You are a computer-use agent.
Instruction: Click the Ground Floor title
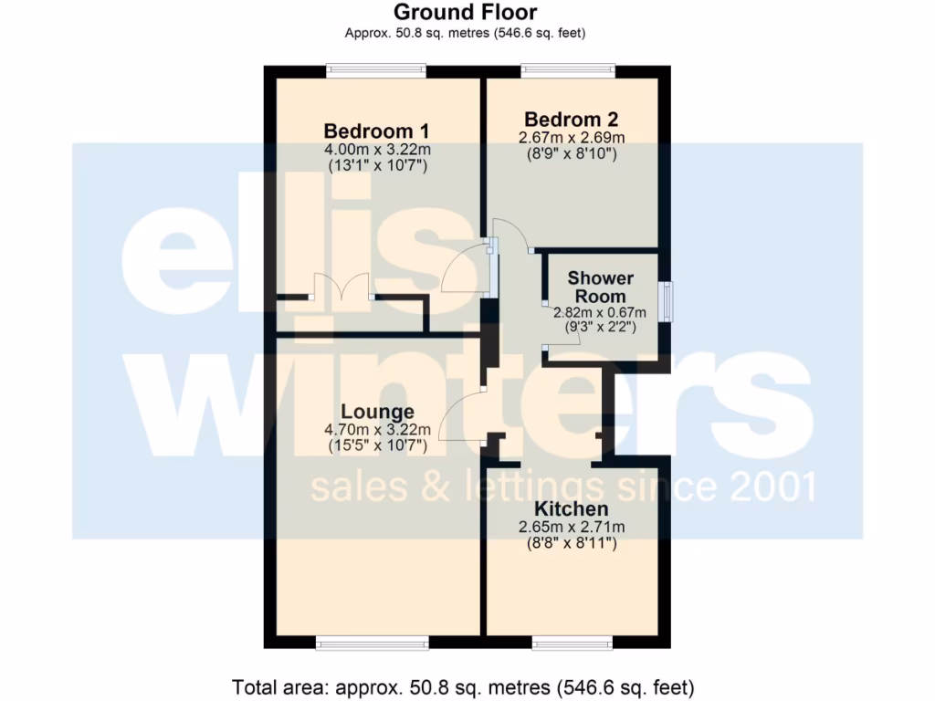pos(465,12)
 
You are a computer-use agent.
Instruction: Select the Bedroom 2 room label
pos(572,119)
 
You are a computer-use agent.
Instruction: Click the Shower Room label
pos(600,287)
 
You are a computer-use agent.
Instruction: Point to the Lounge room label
pos(377,412)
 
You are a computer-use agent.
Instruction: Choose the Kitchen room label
pos(571,508)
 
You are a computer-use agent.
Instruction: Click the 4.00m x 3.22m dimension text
pos(376,149)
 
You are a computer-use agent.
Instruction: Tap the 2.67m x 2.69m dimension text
pos(572,138)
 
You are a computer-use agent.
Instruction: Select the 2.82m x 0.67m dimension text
pos(600,311)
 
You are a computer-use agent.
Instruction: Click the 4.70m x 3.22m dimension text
pos(377,430)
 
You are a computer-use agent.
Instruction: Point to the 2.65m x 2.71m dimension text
pos(571,527)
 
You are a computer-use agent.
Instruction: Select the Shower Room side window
pos(669,302)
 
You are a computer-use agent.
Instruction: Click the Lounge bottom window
pos(371,643)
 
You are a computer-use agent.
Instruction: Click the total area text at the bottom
pos(465,685)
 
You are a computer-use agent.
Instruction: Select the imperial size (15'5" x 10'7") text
pos(377,447)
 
